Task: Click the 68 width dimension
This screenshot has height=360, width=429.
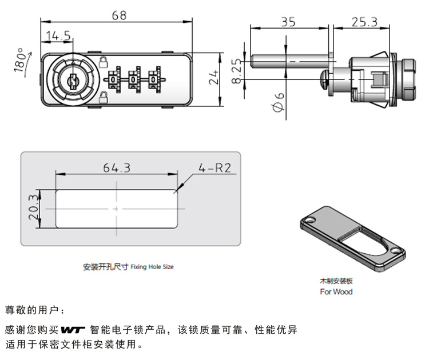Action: point(119,15)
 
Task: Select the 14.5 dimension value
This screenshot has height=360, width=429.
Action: point(58,36)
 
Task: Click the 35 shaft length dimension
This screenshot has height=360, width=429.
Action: point(288,22)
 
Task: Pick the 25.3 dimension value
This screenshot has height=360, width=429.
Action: point(364,22)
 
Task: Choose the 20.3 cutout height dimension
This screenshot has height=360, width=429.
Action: point(33,207)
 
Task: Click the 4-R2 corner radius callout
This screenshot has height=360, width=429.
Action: point(213,168)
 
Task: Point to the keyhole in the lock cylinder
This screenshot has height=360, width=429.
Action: point(73,81)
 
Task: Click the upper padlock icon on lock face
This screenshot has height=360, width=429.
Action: point(104,60)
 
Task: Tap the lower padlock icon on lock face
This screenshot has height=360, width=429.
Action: point(104,97)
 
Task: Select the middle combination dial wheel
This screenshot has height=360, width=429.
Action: point(135,79)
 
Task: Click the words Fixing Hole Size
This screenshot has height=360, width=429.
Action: point(152,267)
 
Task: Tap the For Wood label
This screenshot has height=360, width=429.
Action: point(336,292)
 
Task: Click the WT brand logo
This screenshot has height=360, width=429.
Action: point(73,330)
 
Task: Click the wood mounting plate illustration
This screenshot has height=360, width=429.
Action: point(352,239)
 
